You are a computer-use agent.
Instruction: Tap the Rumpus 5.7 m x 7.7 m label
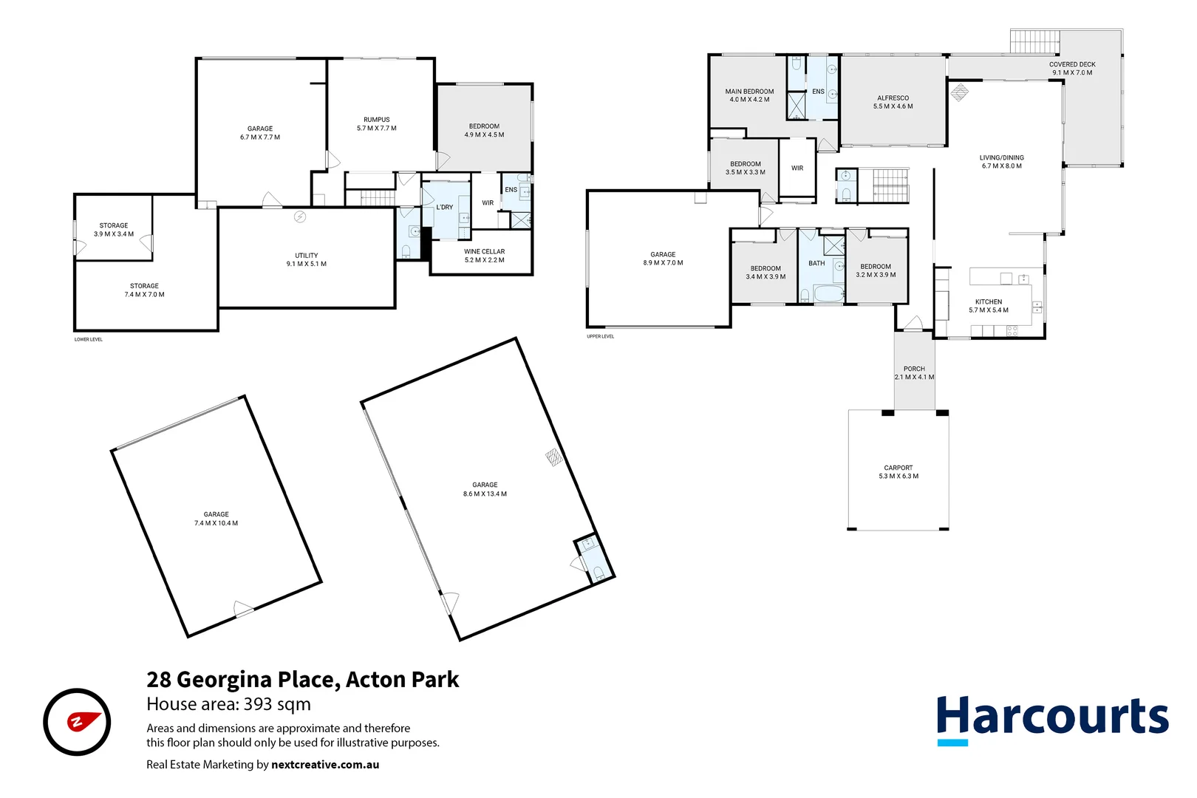[x=376, y=124]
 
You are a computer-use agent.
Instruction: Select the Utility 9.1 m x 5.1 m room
[x=306, y=259]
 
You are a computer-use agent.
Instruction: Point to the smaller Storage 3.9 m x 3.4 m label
[x=114, y=230]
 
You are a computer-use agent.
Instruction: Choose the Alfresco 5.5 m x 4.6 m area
[x=893, y=102]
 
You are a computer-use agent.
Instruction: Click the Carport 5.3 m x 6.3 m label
[x=898, y=472]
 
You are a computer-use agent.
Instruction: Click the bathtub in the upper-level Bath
[x=828, y=294]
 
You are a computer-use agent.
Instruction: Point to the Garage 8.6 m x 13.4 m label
[x=485, y=489]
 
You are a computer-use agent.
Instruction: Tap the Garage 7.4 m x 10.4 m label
[x=216, y=519]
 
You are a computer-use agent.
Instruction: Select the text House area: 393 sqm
[x=228, y=704]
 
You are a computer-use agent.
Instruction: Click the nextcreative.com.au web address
[x=325, y=765]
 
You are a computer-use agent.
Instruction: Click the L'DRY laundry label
[x=444, y=208]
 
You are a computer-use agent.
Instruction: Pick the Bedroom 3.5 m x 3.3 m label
[x=745, y=168]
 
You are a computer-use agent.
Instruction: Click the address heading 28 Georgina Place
[x=302, y=679]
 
